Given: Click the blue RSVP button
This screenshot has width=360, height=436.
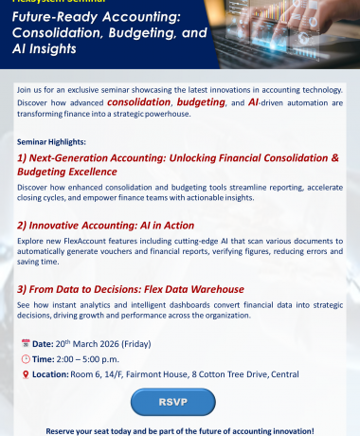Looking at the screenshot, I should (179, 402).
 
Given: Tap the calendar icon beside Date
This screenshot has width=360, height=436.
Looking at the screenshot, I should (25, 342).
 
